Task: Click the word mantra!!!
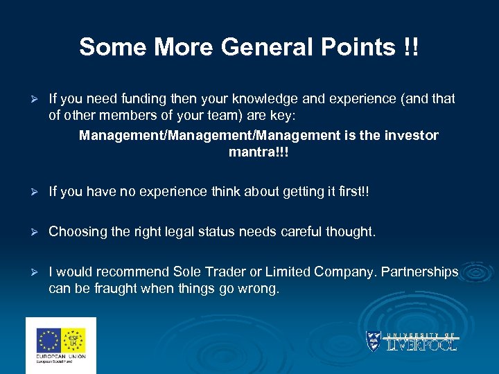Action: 259,152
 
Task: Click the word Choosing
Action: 75,232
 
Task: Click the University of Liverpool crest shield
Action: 374,341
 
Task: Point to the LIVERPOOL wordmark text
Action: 421,344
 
